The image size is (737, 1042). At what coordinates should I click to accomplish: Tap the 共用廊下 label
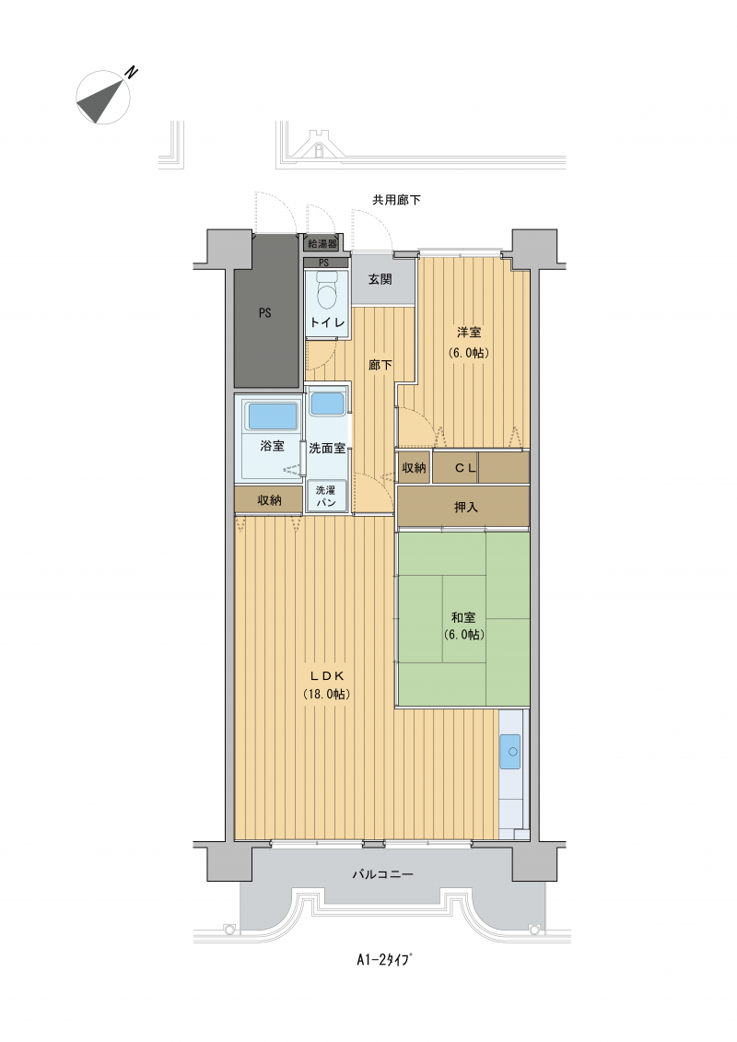(x=396, y=199)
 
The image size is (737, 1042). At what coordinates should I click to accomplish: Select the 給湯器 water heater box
(x=322, y=243)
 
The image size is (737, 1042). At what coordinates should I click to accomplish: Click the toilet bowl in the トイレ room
(x=326, y=292)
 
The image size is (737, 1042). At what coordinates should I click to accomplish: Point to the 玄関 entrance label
(x=380, y=279)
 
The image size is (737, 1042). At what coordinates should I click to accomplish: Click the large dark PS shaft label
(x=265, y=312)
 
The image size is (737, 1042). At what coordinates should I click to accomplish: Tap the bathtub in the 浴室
(x=273, y=416)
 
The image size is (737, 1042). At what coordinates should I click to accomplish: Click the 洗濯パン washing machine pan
(x=325, y=497)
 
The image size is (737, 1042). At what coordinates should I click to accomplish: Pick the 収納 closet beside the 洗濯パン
(x=269, y=500)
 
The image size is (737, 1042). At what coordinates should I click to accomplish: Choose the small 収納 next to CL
(x=414, y=468)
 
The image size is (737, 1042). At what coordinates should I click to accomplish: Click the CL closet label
(x=465, y=468)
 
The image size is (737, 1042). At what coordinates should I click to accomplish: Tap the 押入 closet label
(x=465, y=507)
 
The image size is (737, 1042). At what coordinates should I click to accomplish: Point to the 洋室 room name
(x=469, y=333)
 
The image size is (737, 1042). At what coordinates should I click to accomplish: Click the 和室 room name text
(x=463, y=617)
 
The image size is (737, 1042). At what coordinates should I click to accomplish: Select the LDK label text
(x=326, y=676)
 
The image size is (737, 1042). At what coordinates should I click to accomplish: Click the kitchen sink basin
(x=511, y=752)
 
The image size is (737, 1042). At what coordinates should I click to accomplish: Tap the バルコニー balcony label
(x=382, y=874)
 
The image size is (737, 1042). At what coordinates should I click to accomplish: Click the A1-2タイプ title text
(x=384, y=960)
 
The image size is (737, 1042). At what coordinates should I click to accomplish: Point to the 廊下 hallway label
(x=380, y=365)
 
